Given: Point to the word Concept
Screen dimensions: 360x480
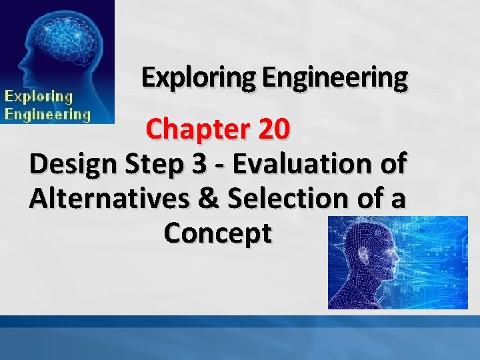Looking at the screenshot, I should click(217, 233).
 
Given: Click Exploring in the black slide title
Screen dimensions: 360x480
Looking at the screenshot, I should click(199, 79).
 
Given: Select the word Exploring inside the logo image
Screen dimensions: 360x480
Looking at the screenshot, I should click(39, 96).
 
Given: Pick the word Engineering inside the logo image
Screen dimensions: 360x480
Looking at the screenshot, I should click(47, 113).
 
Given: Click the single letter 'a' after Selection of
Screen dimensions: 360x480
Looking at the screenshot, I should click(397, 199).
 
